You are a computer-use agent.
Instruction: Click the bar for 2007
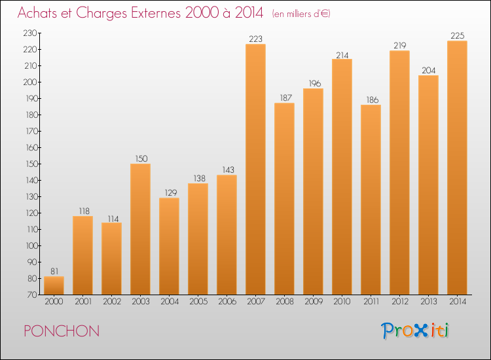255,169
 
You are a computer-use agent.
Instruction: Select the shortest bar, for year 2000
54,285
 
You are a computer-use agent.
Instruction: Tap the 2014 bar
457,168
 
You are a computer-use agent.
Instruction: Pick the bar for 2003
140,229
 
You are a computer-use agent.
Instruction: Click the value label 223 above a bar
255,39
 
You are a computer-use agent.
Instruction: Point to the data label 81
54,272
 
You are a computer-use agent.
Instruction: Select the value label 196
315,84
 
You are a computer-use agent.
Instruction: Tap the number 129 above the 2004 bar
171,193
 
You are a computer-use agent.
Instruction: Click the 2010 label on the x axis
342,302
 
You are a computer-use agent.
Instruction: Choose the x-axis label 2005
198,302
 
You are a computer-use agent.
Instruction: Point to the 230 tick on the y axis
30,33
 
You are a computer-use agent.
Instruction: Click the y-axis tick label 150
31,164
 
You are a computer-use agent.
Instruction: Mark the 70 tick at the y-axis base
32,295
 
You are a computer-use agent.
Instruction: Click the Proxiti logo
415,331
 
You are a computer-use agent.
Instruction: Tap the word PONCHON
62,331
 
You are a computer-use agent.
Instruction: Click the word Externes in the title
156,13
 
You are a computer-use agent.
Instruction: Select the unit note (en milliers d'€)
301,14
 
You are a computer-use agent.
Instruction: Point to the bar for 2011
371,200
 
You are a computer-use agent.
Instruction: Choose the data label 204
428,71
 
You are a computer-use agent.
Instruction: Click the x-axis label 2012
400,302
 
